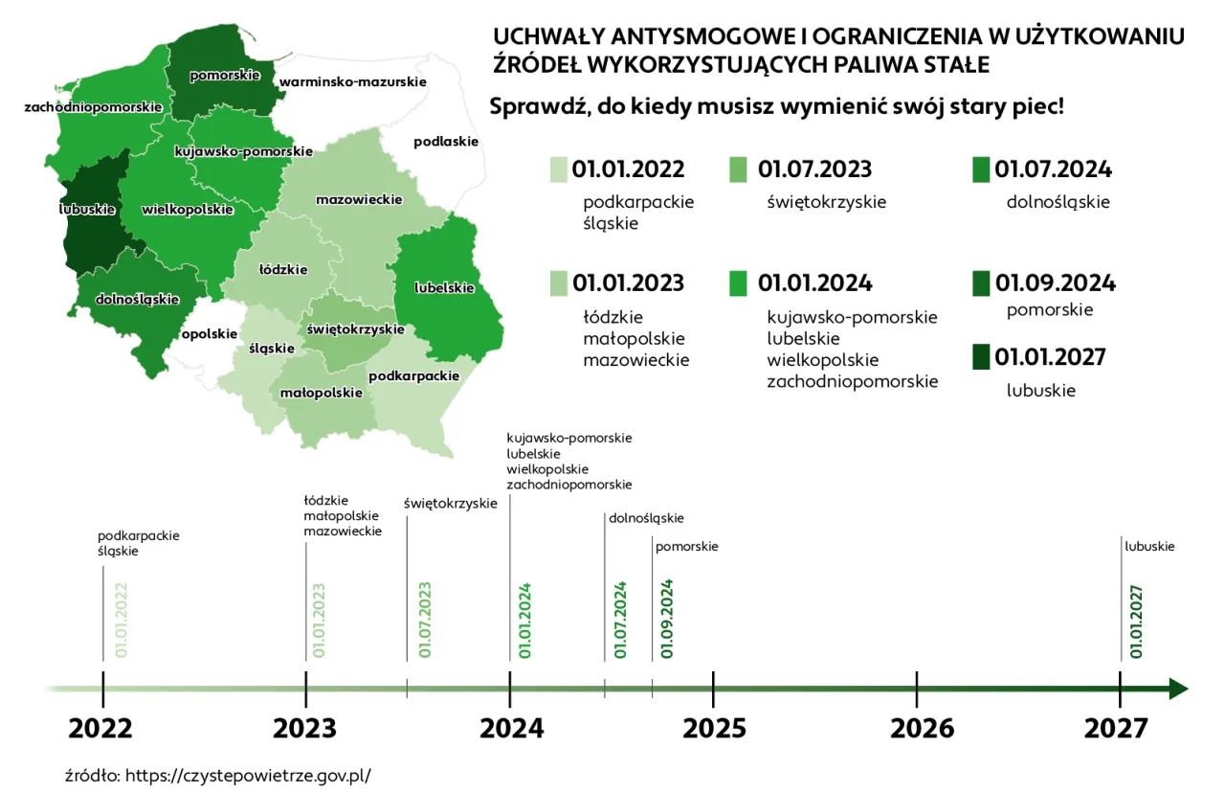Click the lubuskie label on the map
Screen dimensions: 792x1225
coord(87,209)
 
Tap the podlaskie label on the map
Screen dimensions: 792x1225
coord(445,142)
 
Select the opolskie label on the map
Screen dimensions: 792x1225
coord(209,334)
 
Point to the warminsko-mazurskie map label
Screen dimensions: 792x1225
coord(353,82)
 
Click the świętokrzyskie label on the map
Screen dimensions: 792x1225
coord(355,328)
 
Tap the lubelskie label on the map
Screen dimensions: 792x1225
coord(444,287)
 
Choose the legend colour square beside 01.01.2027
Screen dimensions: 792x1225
coord(981,358)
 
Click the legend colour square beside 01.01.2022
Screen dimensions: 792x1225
coord(559,170)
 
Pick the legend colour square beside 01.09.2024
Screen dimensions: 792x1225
coord(981,283)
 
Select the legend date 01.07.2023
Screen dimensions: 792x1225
coord(814,170)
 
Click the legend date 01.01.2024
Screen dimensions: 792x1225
coord(814,283)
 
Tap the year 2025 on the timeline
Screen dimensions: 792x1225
coord(714,729)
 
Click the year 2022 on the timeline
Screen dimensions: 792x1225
coord(100,729)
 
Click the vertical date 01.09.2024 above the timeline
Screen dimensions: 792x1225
coord(667,619)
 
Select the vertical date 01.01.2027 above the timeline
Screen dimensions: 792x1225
coord(1136,622)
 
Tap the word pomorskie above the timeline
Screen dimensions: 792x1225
coord(686,547)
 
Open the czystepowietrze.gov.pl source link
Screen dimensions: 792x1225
coord(247,775)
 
